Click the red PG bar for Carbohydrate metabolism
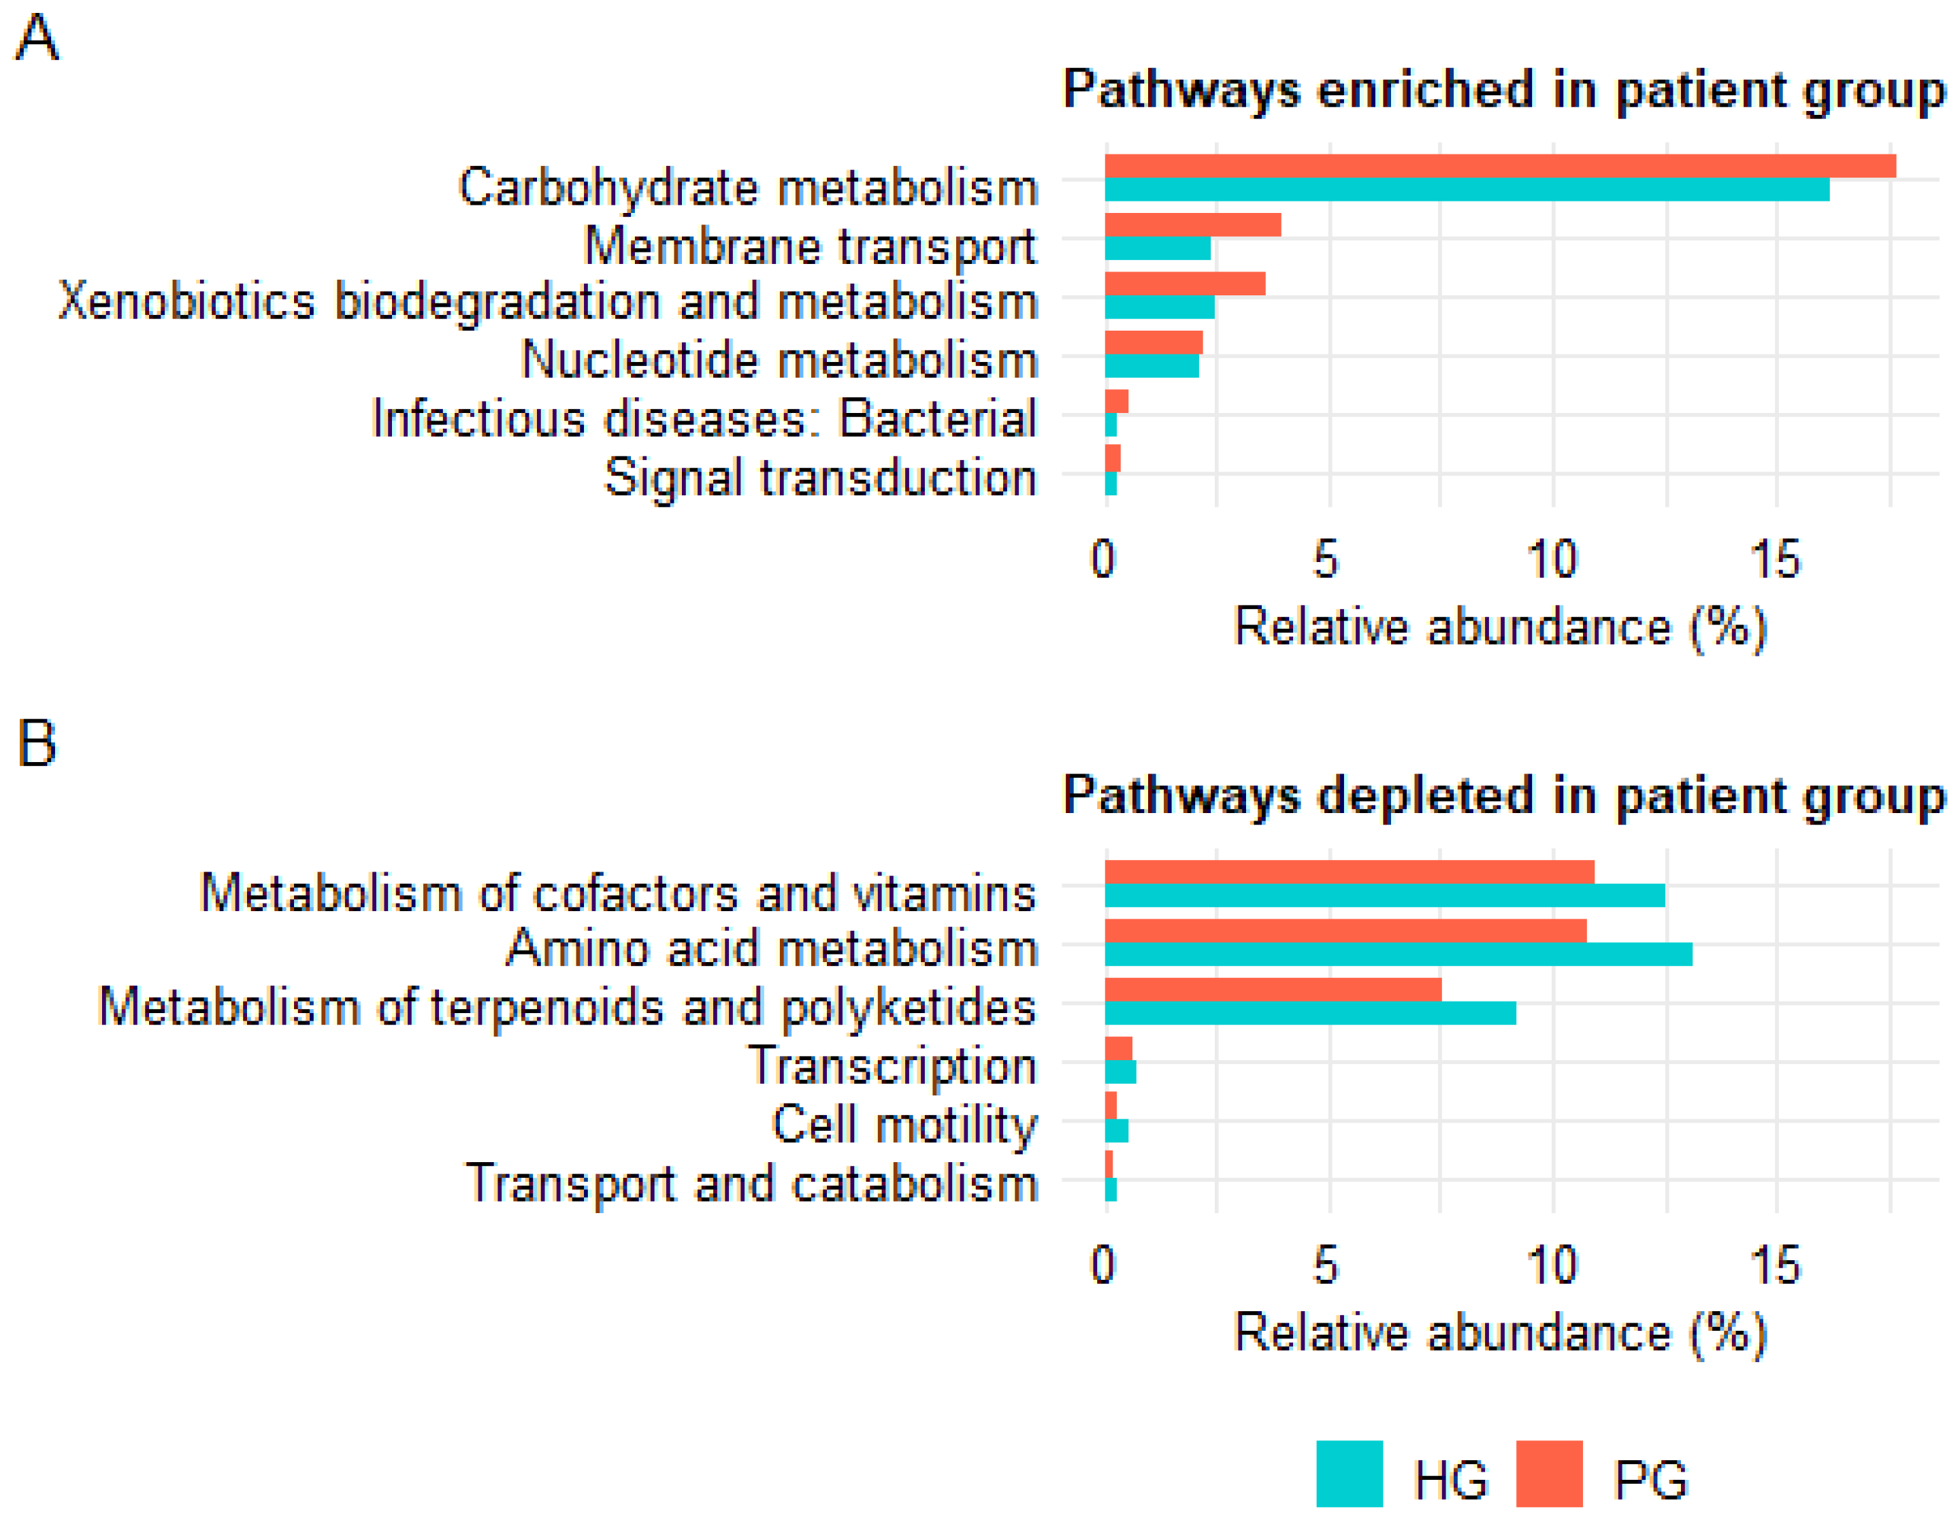1499,166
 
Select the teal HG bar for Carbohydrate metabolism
1467,189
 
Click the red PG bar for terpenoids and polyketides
1272,989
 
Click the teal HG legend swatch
1348,1473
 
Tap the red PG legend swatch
1548,1473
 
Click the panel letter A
37,39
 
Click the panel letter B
37,744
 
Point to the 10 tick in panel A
1551,559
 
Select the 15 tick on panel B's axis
1774,1265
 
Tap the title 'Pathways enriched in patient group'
1503,90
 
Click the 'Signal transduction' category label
820,478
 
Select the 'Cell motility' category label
904,1124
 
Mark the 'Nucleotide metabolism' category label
779,360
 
